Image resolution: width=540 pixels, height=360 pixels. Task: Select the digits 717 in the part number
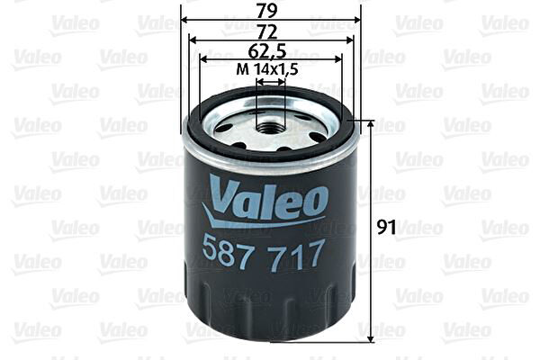298,255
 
